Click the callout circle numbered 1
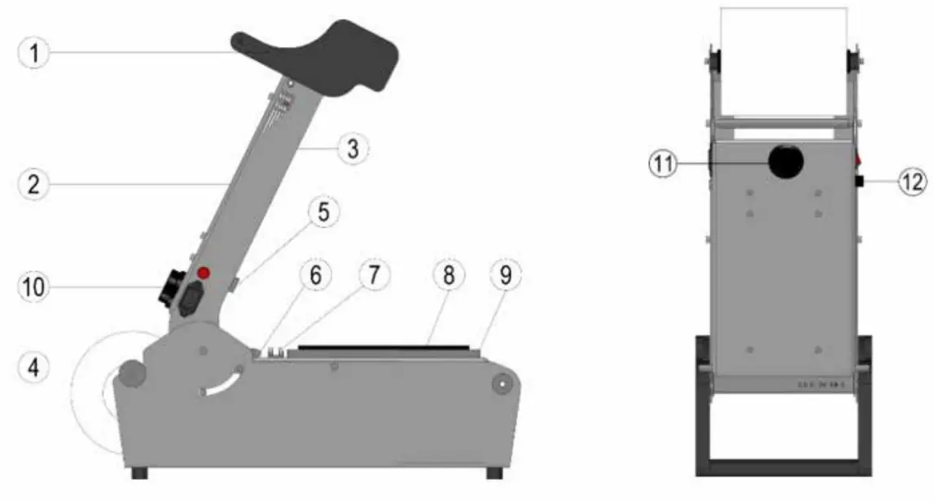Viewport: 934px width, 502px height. coord(34,54)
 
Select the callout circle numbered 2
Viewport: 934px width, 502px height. coord(34,185)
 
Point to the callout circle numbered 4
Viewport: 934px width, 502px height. coord(34,368)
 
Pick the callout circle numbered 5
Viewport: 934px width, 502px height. coord(324,214)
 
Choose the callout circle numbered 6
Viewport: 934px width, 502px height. coord(314,276)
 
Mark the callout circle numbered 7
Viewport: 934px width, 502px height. coord(374,276)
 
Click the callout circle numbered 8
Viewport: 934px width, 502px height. coord(448,276)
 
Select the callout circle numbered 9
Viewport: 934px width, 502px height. coord(506,276)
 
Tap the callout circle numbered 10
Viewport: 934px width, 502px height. coord(34,287)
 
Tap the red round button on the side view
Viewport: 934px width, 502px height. coord(204,273)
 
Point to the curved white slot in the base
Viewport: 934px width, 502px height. coord(221,384)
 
